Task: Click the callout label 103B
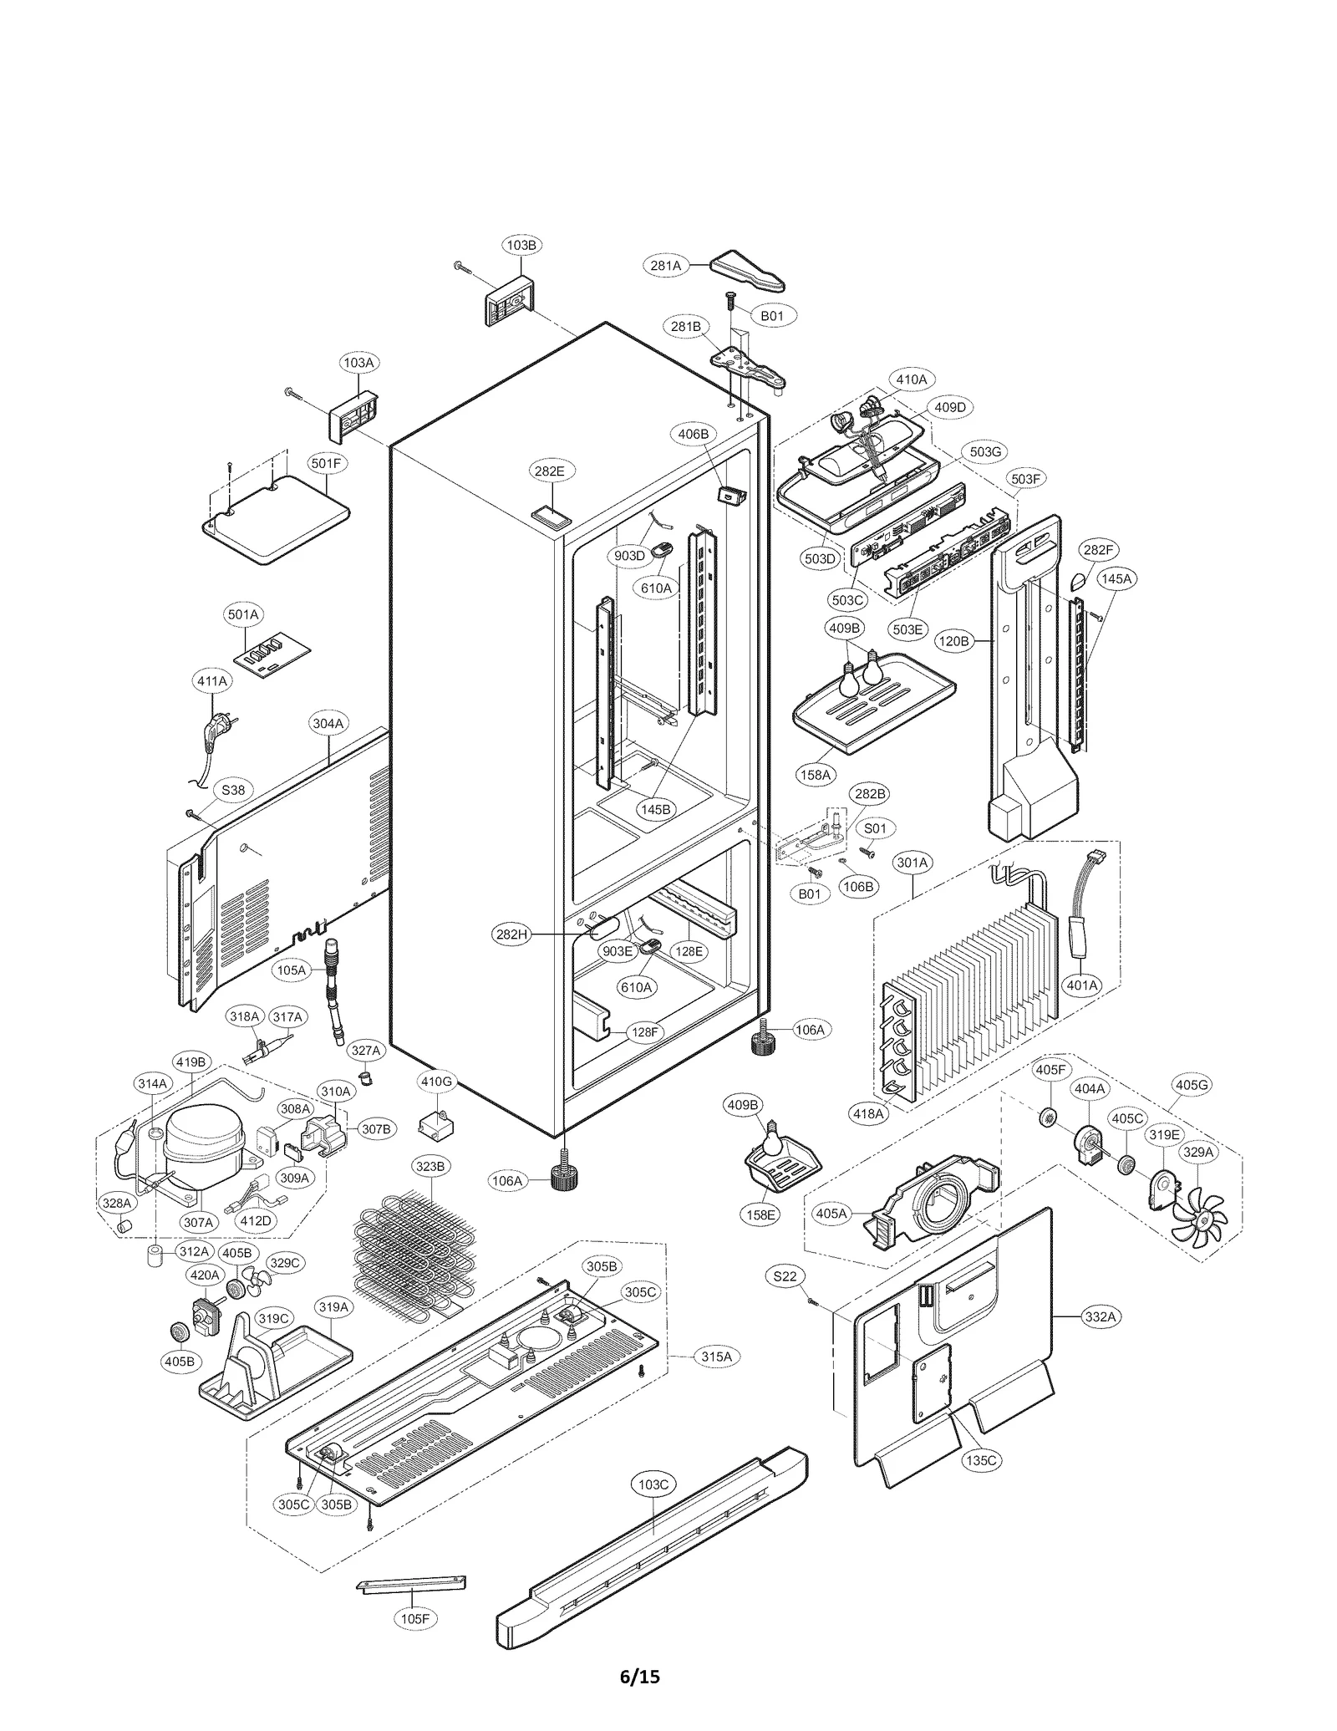point(521,245)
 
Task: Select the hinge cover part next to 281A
point(748,267)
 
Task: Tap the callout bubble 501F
point(326,463)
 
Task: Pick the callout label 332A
point(1100,1316)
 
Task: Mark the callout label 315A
point(716,1357)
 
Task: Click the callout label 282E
point(549,471)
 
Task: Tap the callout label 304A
point(328,723)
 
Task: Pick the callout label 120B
point(953,641)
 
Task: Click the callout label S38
point(233,789)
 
